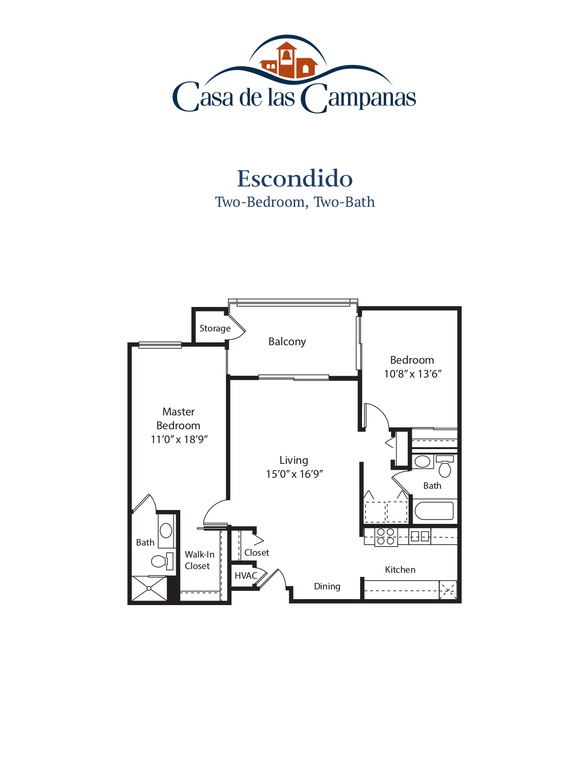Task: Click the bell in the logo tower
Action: click(x=286, y=55)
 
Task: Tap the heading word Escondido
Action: click(x=295, y=179)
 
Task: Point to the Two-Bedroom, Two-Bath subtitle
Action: click(x=295, y=202)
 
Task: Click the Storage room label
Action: click(x=215, y=329)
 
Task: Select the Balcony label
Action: click(x=287, y=342)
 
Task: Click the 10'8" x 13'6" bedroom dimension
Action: click(x=412, y=374)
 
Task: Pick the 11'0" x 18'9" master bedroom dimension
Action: click(x=179, y=440)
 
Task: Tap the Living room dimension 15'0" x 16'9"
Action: click(x=294, y=474)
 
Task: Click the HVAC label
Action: click(x=246, y=576)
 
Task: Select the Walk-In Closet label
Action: click(x=199, y=560)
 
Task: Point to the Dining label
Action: click(x=327, y=587)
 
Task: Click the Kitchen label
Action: click(x=400, y=570)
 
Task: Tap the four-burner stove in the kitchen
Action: click(x=386, y=537)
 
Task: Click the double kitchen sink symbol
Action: click(x=420, y=536)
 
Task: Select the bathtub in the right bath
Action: click(x=434, y=511)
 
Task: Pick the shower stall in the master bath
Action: click(x=149, y=588)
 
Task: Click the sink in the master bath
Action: click(x=166, y=531)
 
